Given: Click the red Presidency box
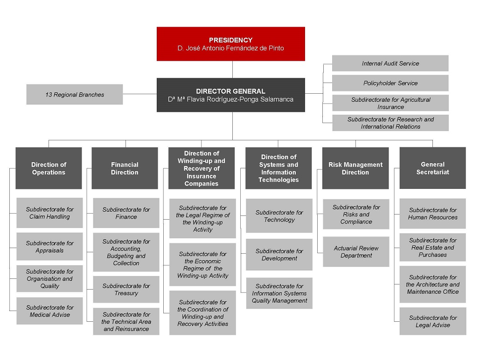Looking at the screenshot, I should click(x=230, y=44).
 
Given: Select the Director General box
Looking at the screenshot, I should click(x=230, y=95).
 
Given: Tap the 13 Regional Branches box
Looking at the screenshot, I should click(x=75, y=95).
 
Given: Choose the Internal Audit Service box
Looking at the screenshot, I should click(x=390, y=63).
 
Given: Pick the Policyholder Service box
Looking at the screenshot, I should click(x=390, y=83).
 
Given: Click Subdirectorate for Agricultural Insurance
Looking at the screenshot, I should click(x=390, y=103).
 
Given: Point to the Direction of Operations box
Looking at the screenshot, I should click(x=49, y=168).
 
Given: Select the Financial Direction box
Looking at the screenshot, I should click(x=125, y=168).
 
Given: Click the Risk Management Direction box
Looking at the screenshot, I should click(x=355, y=168).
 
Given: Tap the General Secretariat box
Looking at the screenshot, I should click(x=432, y=168).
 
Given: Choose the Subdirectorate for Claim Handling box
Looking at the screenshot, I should click(x=49, y=213).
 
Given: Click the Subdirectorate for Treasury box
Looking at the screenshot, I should click(x=126, y=290).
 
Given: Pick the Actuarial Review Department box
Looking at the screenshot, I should click(x=356, y=252).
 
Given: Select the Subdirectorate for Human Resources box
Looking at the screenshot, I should click(x=432, y=214).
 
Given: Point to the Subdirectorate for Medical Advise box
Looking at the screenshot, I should click(x=49, y=311).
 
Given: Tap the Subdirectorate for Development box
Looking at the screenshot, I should click(x=279, y=255).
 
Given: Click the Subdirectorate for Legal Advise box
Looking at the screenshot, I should click(x=432, y=321).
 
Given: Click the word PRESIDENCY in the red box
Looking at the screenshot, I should click(x=230, y=40).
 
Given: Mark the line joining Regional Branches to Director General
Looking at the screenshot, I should click(x=139, y=94).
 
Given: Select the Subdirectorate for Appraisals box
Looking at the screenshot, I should click(x=49, y=247).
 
